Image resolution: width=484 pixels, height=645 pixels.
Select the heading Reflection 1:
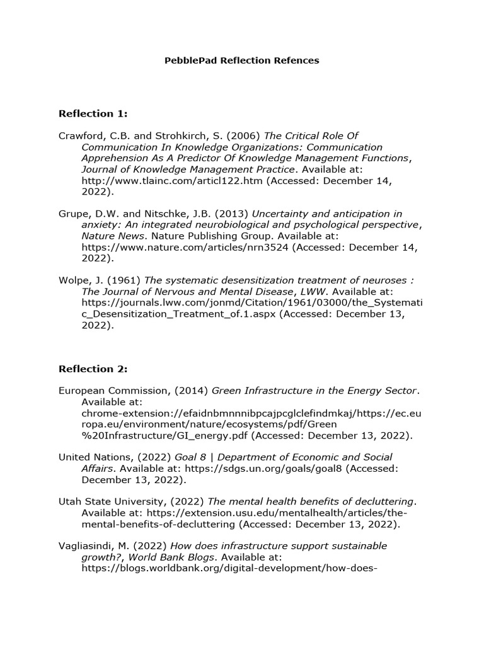93,113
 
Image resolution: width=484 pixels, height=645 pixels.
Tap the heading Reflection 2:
93,368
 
